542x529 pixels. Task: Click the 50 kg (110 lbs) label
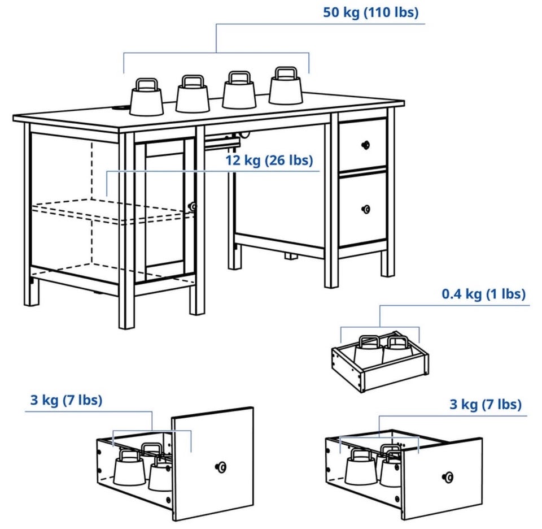370,13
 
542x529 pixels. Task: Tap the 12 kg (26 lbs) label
269,161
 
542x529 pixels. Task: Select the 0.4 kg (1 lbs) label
484,294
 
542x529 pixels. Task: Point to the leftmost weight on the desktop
147,97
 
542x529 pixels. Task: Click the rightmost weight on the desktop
286,86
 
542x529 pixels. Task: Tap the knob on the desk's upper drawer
365,145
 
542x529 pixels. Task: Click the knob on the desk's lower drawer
365,209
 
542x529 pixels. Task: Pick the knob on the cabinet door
192,207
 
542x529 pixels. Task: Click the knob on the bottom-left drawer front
221,467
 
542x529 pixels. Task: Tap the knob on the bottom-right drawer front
448,478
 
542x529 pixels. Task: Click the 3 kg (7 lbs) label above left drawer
67,400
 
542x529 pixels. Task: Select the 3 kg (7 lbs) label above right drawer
486,405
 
